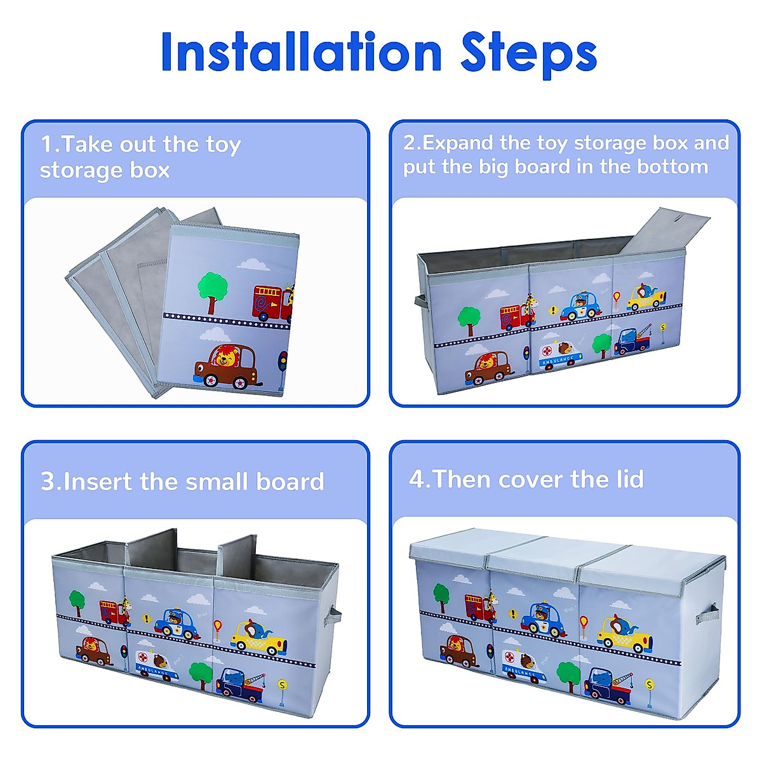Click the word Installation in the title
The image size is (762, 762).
pyautogui.click(x=301, y=51)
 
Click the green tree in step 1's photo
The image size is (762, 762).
pyautogui.click(x=212, y=293)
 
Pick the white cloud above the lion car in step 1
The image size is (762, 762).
pyautogui.click(x=215, y=335)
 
